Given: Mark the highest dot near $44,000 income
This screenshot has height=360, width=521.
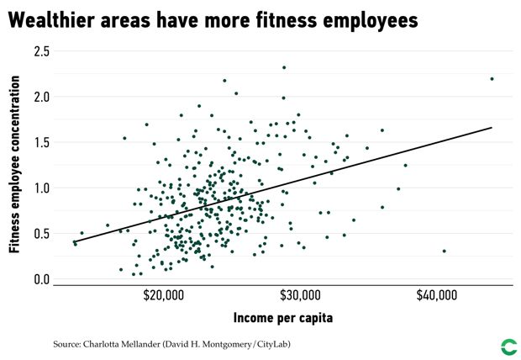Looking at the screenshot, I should pos(492,79).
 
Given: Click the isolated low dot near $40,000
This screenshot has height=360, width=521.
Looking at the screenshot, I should pos(444,251).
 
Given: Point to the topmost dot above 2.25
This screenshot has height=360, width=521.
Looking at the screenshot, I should pos(284,67).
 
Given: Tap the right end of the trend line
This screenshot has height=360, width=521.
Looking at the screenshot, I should pos(491,128).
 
